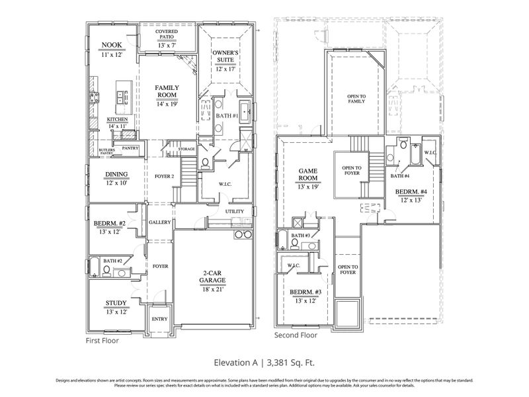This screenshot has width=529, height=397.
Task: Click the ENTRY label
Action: point(159,318)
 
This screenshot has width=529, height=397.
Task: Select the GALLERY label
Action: point(160,222)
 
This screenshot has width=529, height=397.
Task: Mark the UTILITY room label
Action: point(235,212)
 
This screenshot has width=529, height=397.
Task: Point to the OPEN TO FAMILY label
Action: point(356,99)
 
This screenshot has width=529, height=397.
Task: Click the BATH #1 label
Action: point(226,116)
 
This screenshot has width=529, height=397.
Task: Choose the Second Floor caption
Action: point(296,335)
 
